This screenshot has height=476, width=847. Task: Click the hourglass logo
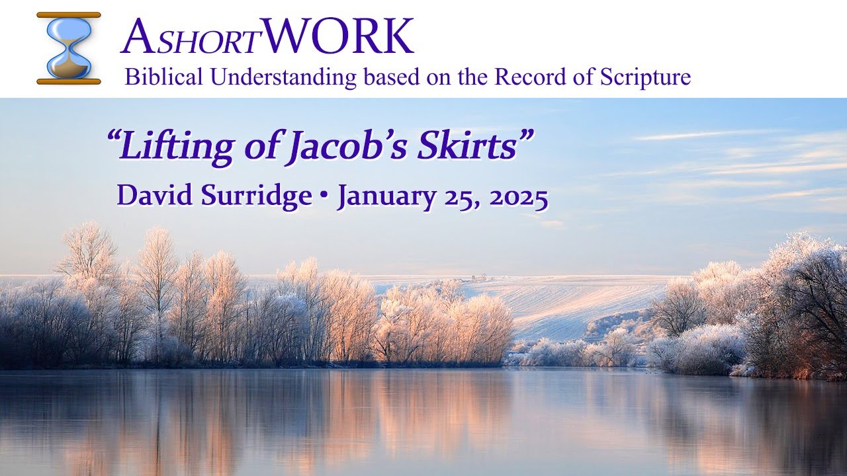coord(69,48)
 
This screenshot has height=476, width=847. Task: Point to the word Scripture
coord(645,77)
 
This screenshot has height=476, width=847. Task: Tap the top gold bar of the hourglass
coord(69,15)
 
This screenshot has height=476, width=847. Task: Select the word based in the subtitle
coord(389,77)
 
